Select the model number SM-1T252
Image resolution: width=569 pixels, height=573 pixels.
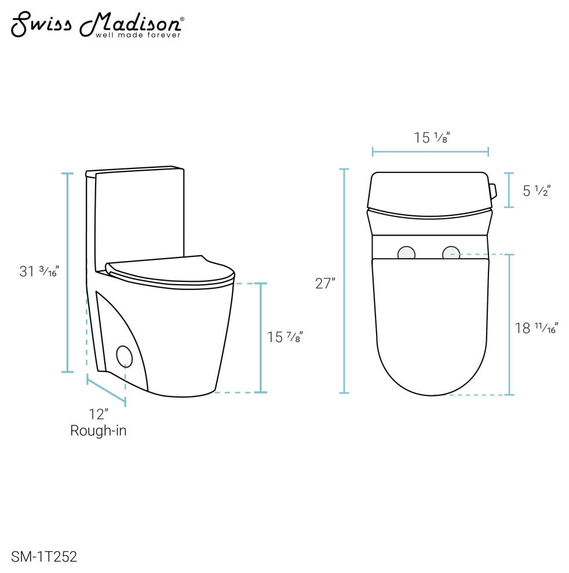43,557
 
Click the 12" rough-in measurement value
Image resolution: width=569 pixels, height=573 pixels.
99,414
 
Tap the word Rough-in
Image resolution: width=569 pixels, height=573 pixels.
99,431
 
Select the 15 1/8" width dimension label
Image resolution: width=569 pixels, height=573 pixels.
432,138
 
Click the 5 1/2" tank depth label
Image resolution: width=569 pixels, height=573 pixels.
536,190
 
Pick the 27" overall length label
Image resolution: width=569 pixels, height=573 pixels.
325,284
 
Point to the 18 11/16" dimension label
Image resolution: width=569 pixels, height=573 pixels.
536,328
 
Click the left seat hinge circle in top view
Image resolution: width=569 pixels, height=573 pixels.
407,254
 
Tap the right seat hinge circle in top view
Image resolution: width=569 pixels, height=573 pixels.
451,254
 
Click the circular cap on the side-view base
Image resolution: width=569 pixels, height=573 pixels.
124,355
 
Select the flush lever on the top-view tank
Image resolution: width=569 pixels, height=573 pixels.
493,190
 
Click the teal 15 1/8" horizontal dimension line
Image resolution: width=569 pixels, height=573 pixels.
430,152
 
